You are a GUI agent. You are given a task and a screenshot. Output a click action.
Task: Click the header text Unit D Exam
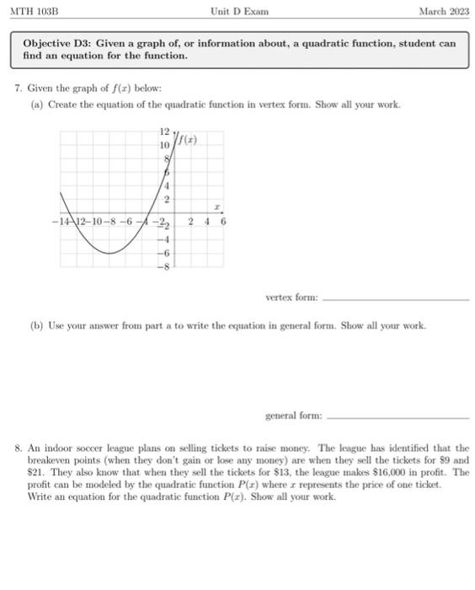pos(240,11)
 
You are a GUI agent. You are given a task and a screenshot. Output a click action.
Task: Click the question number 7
pos(19,88)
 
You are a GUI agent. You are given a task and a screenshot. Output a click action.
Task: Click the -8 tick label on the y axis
pos(166,265)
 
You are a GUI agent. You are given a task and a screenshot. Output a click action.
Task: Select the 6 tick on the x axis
pos(223,223)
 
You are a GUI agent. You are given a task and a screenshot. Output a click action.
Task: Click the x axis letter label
pos(216,206)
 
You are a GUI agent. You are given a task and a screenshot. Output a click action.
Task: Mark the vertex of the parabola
pos(108,252)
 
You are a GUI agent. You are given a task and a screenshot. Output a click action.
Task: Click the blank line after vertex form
pos(395,299)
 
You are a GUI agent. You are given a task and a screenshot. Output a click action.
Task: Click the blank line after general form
pos(397,417)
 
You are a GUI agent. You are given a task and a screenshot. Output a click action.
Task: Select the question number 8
pos(19,449)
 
